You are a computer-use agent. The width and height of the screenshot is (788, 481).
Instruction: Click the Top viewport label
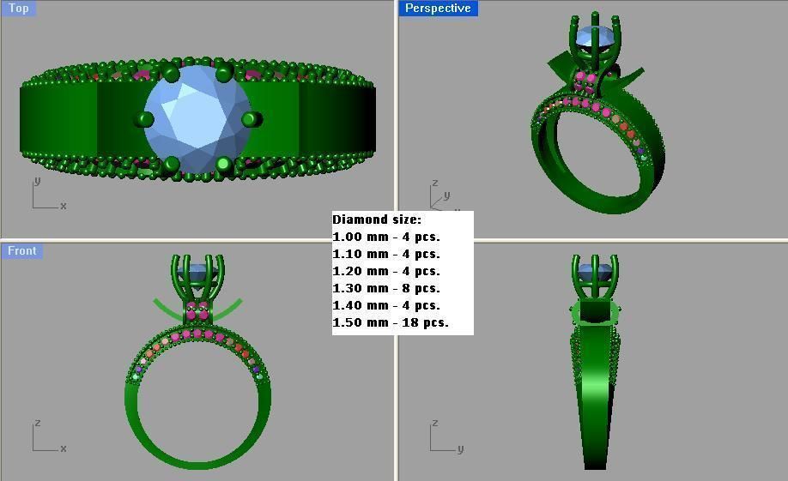(x=18, y=8)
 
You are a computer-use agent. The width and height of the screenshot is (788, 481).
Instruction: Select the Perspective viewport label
(x=438, y=8)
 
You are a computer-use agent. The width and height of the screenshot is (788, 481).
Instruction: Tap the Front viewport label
(x=21, y=250)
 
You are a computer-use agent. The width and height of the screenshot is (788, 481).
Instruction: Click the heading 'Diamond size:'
(x=377, y=219)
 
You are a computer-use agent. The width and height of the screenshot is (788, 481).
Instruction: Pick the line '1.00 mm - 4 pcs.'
(x=386, y=237)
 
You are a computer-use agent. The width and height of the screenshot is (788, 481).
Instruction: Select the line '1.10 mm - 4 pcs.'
(x=386, y=254)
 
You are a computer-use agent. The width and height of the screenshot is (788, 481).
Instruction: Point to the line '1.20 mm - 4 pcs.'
(x=386, y=271)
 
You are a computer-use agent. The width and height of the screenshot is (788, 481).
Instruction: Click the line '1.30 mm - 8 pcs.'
(x=386, y=288)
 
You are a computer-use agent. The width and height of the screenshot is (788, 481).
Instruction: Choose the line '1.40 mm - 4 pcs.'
(x=386, y=305)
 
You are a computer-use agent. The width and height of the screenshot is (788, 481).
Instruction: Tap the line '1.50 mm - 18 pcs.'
(x=391, y=323)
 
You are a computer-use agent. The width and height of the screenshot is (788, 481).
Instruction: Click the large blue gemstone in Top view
(x=197, y=119)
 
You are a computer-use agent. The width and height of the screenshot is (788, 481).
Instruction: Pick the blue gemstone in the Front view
(x=198, y=273)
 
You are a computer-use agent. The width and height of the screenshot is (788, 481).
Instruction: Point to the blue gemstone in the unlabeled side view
(x=595, y=274)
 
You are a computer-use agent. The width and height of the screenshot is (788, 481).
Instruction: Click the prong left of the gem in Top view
(x=143, y=118)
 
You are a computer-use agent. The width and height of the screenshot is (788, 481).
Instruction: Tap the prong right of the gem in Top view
(x=250, y=118)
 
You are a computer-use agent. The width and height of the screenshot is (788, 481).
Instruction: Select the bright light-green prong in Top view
(x=225, y=163)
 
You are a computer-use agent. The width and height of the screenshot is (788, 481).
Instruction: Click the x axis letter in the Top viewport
(x=64, y=206)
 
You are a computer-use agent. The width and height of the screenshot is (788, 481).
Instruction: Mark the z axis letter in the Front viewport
(x=37, y=424)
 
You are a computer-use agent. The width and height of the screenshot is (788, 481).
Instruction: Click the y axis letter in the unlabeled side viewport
(x=460, y=448)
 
